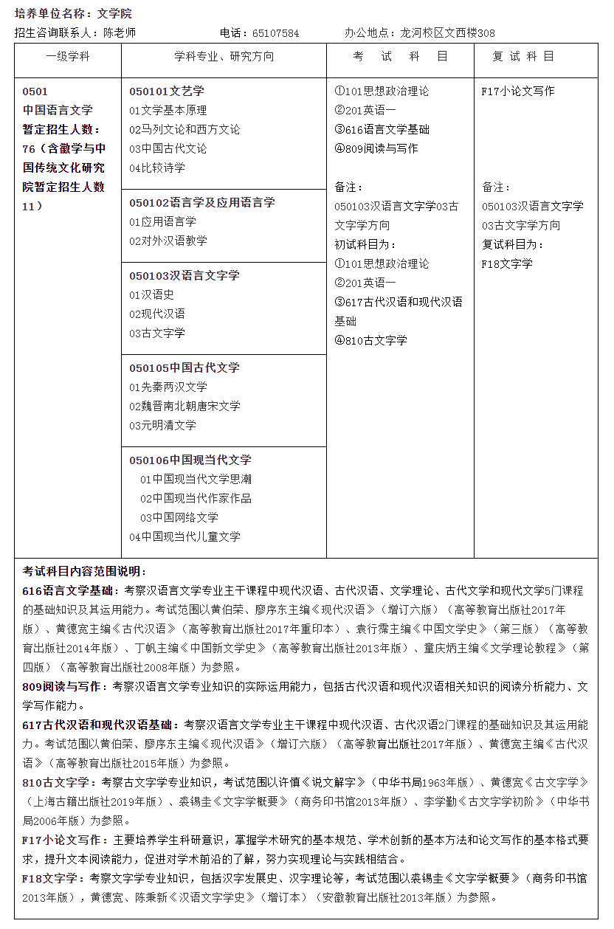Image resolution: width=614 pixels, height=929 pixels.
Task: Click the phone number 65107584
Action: point(275,33)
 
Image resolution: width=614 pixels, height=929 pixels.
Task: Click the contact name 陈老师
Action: point(119,33)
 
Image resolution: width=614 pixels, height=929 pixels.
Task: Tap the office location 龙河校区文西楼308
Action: point(447,33)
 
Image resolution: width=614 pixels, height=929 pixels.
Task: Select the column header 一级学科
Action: point(68,57)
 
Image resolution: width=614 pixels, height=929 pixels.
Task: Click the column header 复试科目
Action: point(523,57)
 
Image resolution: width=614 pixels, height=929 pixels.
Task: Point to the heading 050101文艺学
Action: point(167,91)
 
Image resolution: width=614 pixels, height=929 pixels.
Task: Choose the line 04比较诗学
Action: point(157,168)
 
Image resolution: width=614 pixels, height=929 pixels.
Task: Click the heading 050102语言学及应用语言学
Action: point(201,202)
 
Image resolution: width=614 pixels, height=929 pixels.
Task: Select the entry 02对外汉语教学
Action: point(168,241)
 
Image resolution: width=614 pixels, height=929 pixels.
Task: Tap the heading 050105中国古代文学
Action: point(184,367)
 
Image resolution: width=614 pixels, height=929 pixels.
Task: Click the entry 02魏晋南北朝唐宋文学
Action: point(184,406)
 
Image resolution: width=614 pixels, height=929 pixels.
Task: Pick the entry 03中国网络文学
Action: point(179,517)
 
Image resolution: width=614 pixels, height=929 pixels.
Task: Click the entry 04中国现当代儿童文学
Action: point(184,536)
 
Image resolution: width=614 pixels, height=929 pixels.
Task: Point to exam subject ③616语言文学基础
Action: point(382,130)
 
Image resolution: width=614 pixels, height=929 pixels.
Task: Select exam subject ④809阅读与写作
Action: point(376,149)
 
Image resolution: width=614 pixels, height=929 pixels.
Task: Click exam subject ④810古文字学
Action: point(370,341)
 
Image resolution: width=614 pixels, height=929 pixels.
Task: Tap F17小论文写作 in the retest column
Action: point(517,91)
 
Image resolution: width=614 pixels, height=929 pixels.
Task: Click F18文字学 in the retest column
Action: point(507,264)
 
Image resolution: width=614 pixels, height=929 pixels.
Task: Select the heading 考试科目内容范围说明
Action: point(85,571)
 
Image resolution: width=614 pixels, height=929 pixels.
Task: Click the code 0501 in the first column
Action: point(35,91)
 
